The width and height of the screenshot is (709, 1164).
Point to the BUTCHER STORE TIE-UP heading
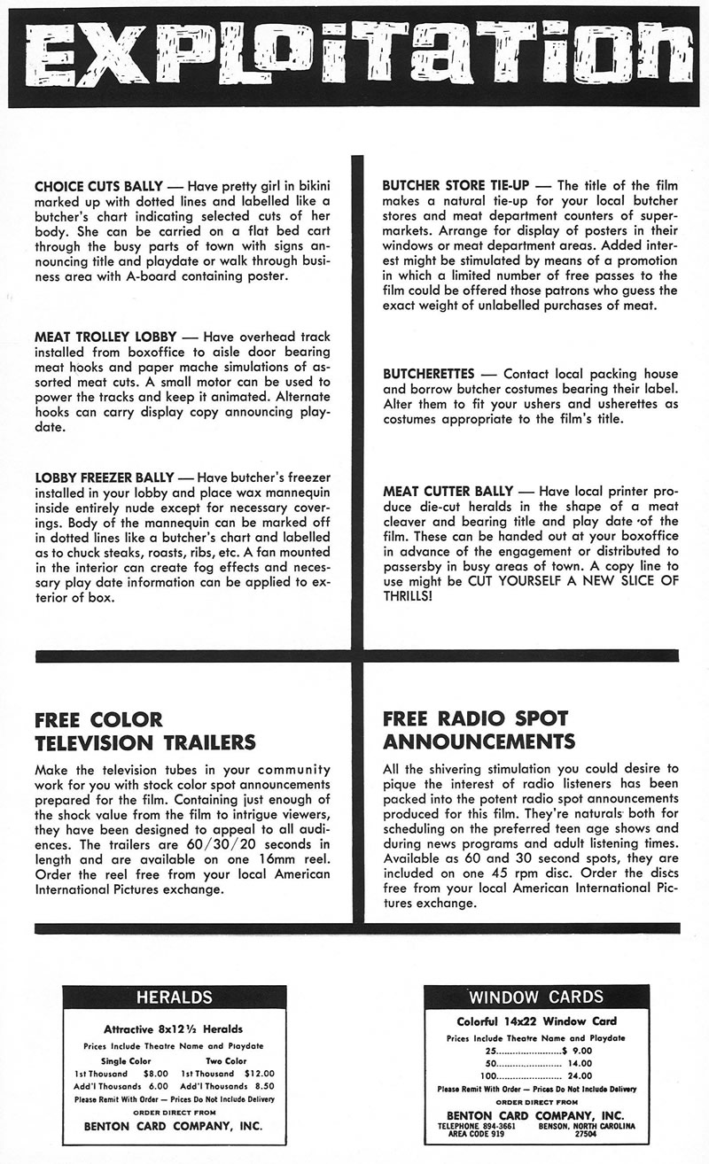pos(456,186)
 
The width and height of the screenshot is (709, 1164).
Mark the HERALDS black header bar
pos(174,997)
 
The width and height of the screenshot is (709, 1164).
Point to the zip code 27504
pos(586,1133)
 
